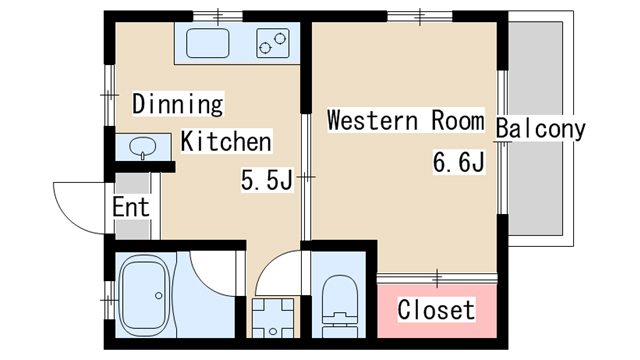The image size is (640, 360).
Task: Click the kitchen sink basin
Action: point(207,43)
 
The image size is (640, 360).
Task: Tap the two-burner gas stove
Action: point(273,43)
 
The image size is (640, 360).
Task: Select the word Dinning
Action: point(178,104)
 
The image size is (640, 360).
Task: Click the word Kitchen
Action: point(226,141)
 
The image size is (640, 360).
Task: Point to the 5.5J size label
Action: point(267,180)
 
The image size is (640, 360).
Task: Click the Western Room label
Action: point(406,120)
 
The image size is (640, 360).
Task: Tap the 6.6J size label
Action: point(459,162)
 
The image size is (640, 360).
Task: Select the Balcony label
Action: point(540,129)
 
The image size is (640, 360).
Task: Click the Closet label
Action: point(436,309)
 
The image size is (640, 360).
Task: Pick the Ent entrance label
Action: point(131,207)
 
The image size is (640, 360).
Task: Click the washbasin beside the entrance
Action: point(142,147)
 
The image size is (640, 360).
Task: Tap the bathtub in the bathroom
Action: point(144,295)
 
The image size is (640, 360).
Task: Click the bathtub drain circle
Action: point(158,296)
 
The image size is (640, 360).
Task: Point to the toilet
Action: point(339,306)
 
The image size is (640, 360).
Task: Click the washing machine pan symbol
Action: point(273,318)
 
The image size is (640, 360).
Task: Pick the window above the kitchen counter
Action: point(218,16)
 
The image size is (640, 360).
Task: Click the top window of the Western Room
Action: point(420,16)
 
